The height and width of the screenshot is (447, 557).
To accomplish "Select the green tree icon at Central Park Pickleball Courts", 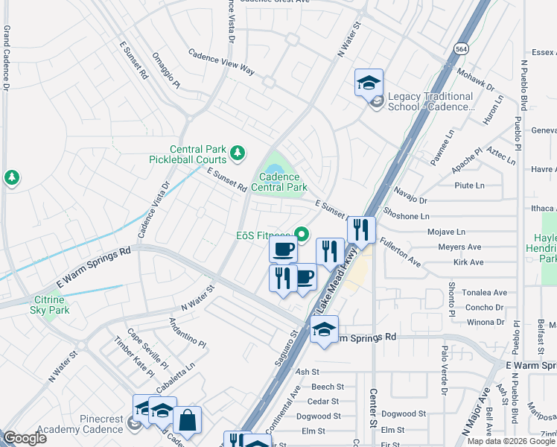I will [238, 153].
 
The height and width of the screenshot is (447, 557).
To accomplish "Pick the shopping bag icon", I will [187, 419].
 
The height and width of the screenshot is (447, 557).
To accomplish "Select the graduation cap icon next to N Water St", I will [368, 83].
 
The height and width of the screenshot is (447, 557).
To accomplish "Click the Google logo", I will [24, 438].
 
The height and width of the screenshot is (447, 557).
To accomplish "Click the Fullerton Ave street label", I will [399, 253].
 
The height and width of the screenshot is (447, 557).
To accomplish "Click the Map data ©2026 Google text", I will [511, 441].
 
